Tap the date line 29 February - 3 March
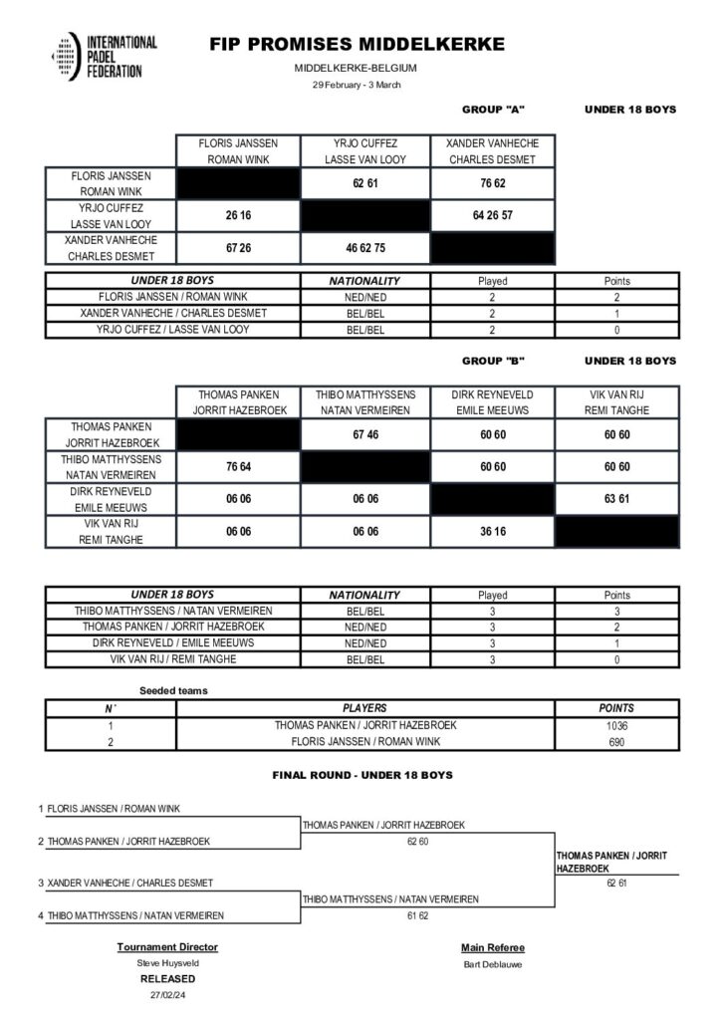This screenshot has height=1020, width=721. point(356,85)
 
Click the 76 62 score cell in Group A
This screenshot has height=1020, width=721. point(492,182)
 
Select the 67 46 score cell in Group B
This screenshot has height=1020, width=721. point(364,435)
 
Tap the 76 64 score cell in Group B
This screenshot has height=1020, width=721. point(238,468)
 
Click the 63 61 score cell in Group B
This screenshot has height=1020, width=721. point(618,500)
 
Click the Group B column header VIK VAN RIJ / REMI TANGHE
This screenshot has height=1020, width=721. point(618,401)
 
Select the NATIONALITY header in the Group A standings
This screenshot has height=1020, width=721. point(364,281)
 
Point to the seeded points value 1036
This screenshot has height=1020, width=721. point(616,725)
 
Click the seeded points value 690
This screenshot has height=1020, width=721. point(616,742)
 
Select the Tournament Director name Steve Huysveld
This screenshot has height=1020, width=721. point(167,963)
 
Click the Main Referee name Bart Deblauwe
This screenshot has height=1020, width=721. point(492,963)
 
